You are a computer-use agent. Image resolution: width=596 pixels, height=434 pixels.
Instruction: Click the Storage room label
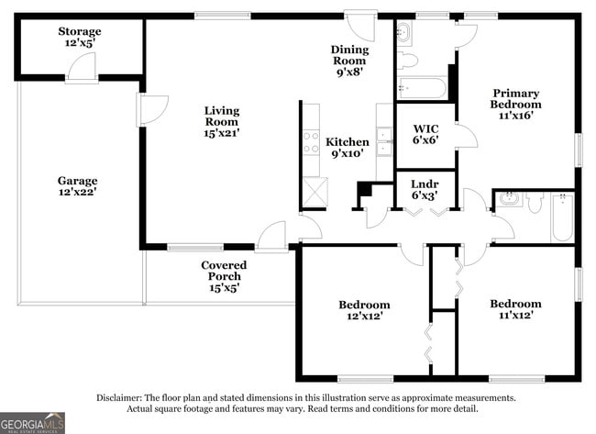[x=80, y=38]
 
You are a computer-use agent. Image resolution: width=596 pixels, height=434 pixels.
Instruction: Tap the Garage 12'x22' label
[x=77, y=186]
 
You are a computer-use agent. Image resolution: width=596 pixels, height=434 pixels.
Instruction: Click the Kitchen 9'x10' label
[x=348, y=148]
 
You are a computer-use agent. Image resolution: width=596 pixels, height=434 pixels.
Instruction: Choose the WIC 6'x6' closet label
[x=425, y=134]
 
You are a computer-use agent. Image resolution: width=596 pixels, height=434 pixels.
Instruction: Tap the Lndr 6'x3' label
[x=424, y=189]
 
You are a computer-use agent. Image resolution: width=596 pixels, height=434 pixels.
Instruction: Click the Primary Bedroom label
[x=515, y=104]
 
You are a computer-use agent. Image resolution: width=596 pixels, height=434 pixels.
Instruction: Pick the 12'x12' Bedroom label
[x=363, y=310]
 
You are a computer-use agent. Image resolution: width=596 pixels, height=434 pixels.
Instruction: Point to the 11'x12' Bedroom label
[x=514, y=309]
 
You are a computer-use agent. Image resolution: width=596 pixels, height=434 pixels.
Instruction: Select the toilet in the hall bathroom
[x=535, y=203]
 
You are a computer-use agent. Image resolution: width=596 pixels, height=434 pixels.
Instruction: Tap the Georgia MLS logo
[x=33, y=423]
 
